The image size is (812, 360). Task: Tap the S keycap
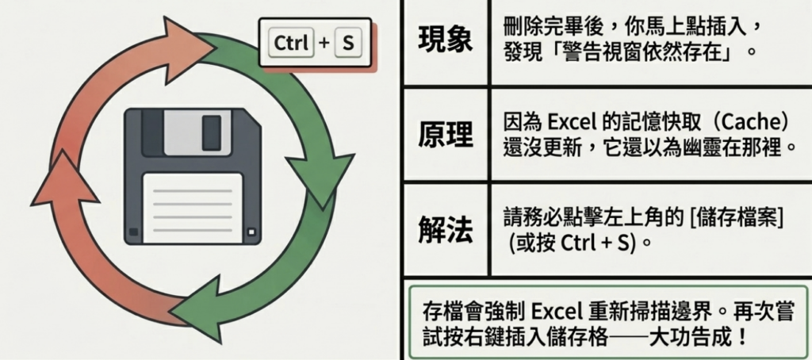click(346, 44)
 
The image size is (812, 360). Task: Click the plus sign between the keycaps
click(323, 44)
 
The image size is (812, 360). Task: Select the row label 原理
click(445, 136)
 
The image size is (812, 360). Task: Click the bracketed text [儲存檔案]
click(735, 216)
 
